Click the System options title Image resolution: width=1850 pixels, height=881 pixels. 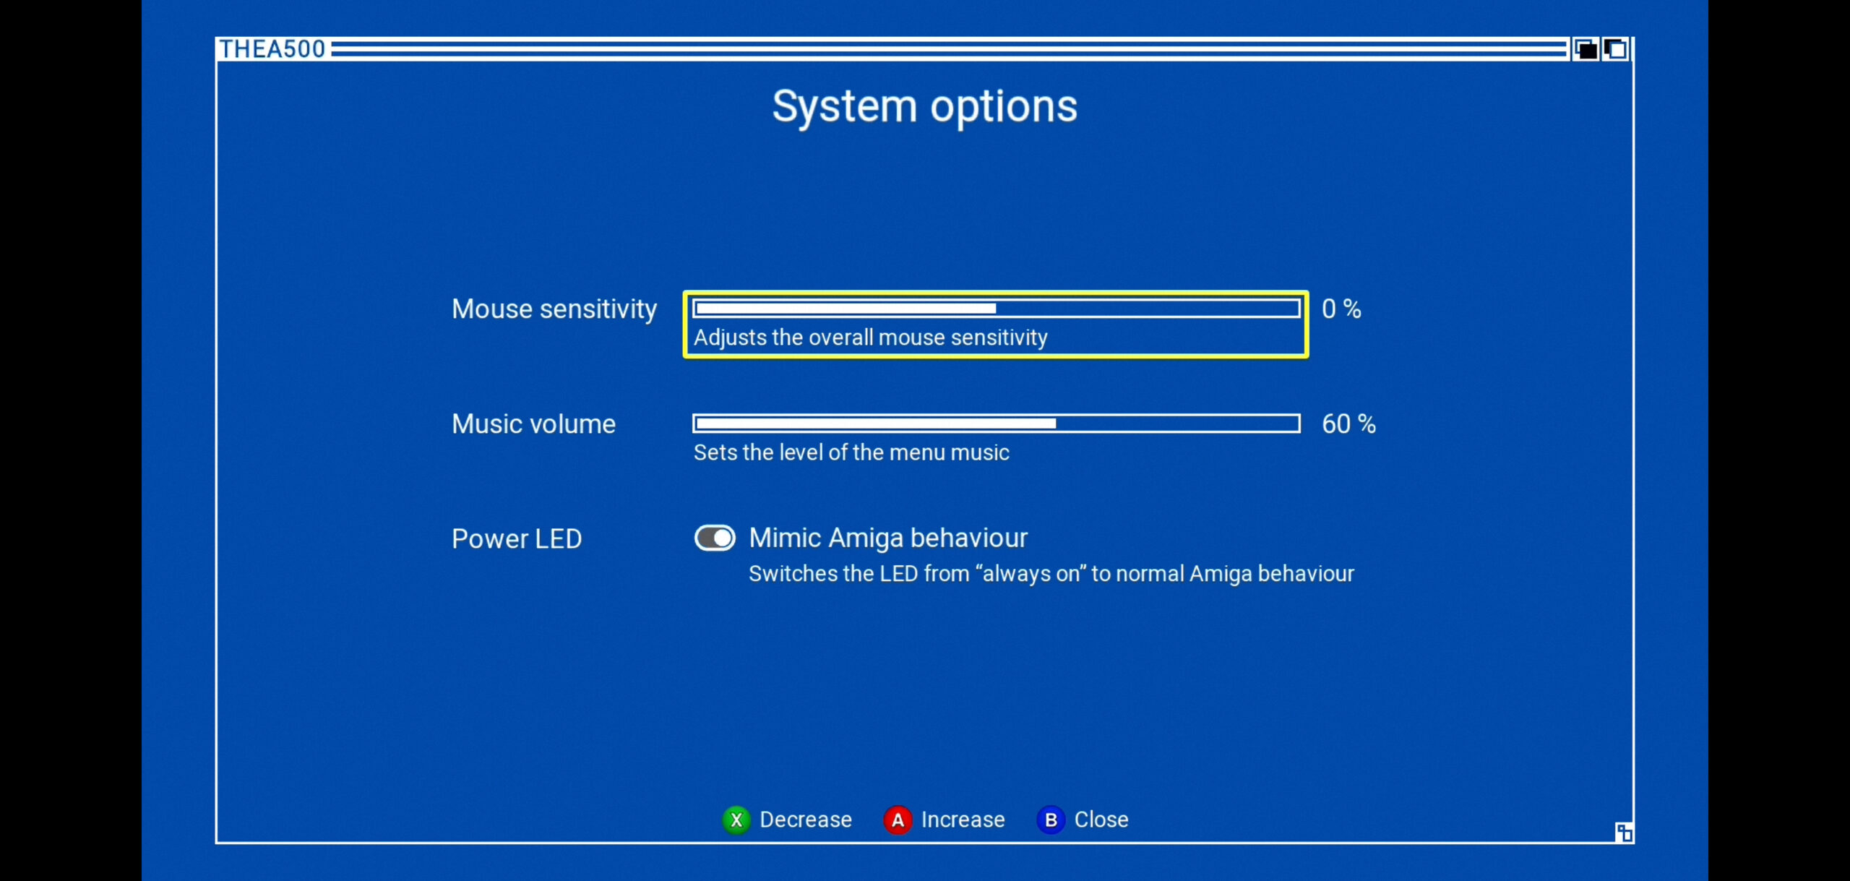tap(924, 107)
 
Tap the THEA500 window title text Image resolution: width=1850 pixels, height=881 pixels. tap(272, 49)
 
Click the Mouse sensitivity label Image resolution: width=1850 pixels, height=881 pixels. tap(554, 309)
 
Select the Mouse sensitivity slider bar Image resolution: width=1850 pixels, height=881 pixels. tap(996, 309)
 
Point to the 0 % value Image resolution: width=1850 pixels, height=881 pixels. tap(1341, 309)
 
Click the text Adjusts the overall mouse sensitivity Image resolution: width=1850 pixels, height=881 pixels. tap(871, 338)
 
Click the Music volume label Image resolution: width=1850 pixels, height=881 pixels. tap(533, 424)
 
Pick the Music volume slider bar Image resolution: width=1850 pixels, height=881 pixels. tap(996, 424)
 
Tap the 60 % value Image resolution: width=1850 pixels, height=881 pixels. tap(1348, 424)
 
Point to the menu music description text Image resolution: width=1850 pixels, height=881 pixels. tap(851, 452)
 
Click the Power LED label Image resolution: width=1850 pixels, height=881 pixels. tap(517, 539)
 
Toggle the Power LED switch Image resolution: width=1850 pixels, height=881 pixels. tap(715, 538)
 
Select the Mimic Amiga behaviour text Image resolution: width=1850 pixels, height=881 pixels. tap(888, 538)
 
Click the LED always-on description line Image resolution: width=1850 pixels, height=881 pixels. tap(1051, 574)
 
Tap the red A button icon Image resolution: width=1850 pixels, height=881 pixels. tap(898, 820)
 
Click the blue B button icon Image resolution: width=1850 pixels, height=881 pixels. tap(1051, 820)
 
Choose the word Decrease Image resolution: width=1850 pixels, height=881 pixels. tap(806, 820)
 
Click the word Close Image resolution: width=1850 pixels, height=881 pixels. tap(1101, 820)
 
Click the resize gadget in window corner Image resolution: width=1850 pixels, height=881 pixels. tap(1623, 832)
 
